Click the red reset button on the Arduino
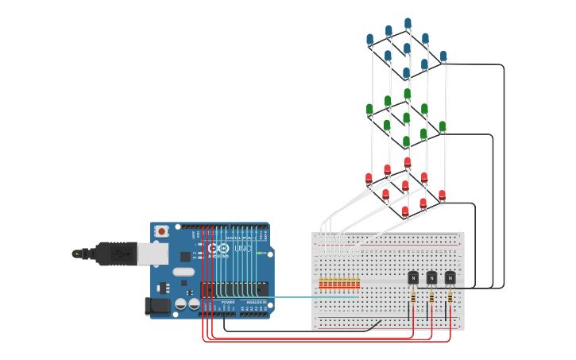point(162,231)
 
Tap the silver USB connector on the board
point(153,254)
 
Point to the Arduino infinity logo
point(218,249)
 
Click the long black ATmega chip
point(234,289)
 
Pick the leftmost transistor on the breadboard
point(413,277)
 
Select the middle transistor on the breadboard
point(431,277)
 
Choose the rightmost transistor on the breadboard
point(450,277)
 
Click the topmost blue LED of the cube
point(408,24)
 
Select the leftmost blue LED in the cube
point(370,39)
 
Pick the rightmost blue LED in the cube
point(443,56)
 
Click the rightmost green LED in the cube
point(443,126)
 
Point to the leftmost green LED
point(369,109)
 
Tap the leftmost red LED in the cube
point(369,178)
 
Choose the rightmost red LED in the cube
point(442,195)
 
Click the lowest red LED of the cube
point(405,211)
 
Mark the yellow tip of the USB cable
point(76,254)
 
